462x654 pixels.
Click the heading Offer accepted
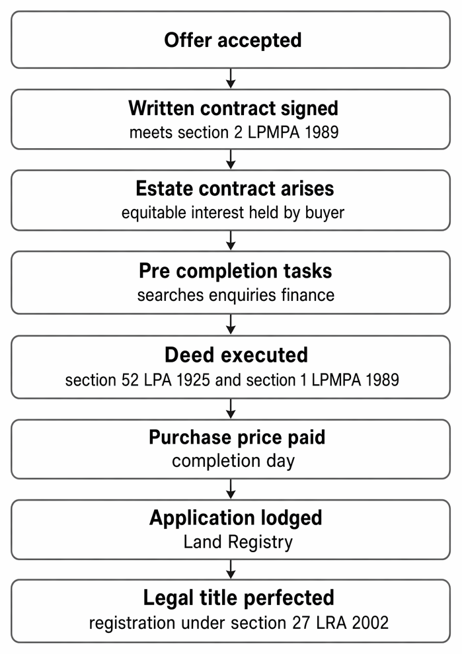pyautogui.click(x=233, y=40)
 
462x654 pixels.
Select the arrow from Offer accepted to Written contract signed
pyautogui.click(x=231, y=79)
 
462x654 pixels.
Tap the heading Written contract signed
pyautogui.click(x=233, y=108)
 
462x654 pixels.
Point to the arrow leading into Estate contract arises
pyautogui.click(x=231, y=159)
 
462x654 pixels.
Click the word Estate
pyautogui.click(x=165, y=188)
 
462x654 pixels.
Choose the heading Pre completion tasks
pyautogui.click(x=235, y=270)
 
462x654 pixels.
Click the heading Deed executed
pyautogui.click(x=236, y=355)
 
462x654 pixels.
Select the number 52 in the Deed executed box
pyautogui.click(x=130, y=380)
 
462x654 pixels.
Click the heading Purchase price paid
pyautogui.click(x=237, y=438)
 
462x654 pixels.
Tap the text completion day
pyautogui.click(x=233, y=462)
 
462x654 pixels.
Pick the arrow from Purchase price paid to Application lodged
pyautogui.click(x=231, y=489)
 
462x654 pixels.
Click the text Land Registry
pyautogui.click(x=238, y=542)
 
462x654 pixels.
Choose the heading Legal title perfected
pyautogui.click(x=239, y=598)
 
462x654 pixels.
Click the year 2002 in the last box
pyautogui.click(x=370, y=623)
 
